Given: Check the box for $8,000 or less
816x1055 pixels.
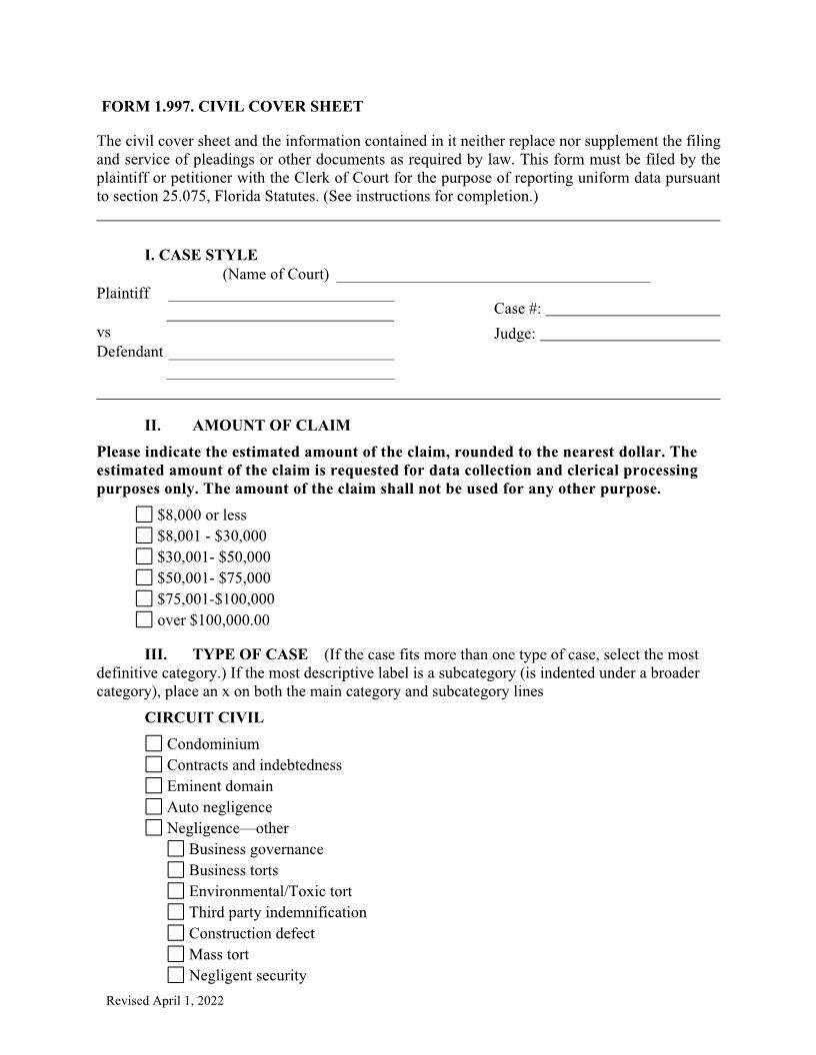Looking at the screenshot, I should click(x=144, y=515).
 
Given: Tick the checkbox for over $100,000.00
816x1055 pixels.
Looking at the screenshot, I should click(x=144, y=619).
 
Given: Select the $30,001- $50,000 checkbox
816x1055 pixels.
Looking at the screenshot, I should click(x=144, y=556).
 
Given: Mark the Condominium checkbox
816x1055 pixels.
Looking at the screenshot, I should click(x=153, y=743).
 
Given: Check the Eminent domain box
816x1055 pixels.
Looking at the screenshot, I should click(x=153, y=785).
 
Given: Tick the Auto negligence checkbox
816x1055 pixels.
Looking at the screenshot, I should click(x=153, y=806).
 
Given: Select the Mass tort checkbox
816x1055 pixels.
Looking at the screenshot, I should click(x=175, y=954).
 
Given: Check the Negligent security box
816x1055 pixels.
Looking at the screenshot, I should click(x=175, y=975).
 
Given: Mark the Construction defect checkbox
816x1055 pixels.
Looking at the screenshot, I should click(x=175, y=933).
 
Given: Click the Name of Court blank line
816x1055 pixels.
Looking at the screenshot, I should click(x=493, y=275).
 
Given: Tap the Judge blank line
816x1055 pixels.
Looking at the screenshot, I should click(x=629, y=334).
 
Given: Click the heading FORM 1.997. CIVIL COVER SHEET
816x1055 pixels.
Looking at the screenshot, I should click(x=233, y=106).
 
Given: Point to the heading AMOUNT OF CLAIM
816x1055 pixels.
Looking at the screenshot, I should click(x=271, y=426).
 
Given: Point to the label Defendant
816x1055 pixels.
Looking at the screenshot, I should click(x=129, y=352).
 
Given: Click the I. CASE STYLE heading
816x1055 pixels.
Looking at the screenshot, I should click(x=200, y=255).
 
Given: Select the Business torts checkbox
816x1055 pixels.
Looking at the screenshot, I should click(x=175, y=870).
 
